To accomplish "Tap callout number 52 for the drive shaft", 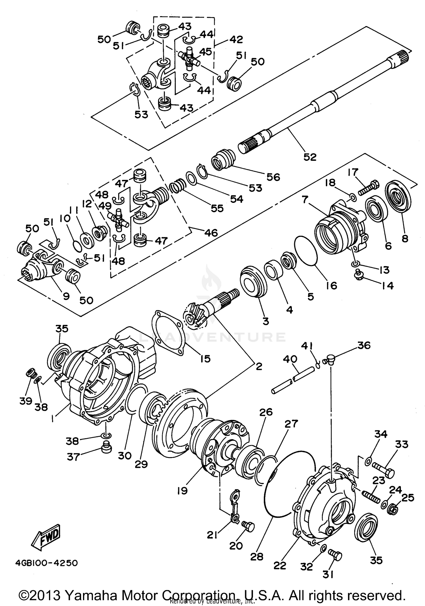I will pyautogui.click(x=309, y=157).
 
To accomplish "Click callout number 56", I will pyautogui.click(x=273, y=177).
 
